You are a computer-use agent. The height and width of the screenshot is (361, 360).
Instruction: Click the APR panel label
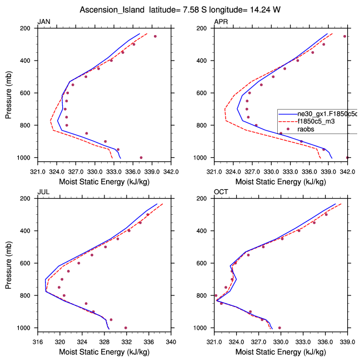tap(221, 22)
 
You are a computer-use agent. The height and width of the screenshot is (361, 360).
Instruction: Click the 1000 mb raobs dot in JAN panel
tap(141, 157)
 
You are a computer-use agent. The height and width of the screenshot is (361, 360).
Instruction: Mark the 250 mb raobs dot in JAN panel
tap(155, 36)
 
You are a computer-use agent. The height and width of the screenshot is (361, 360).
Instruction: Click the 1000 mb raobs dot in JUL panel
tap(126, 328)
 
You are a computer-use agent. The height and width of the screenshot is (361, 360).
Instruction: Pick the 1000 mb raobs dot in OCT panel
tap(279, 328)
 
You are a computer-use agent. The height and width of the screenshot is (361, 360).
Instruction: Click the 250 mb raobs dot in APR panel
tap(344, 36)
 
